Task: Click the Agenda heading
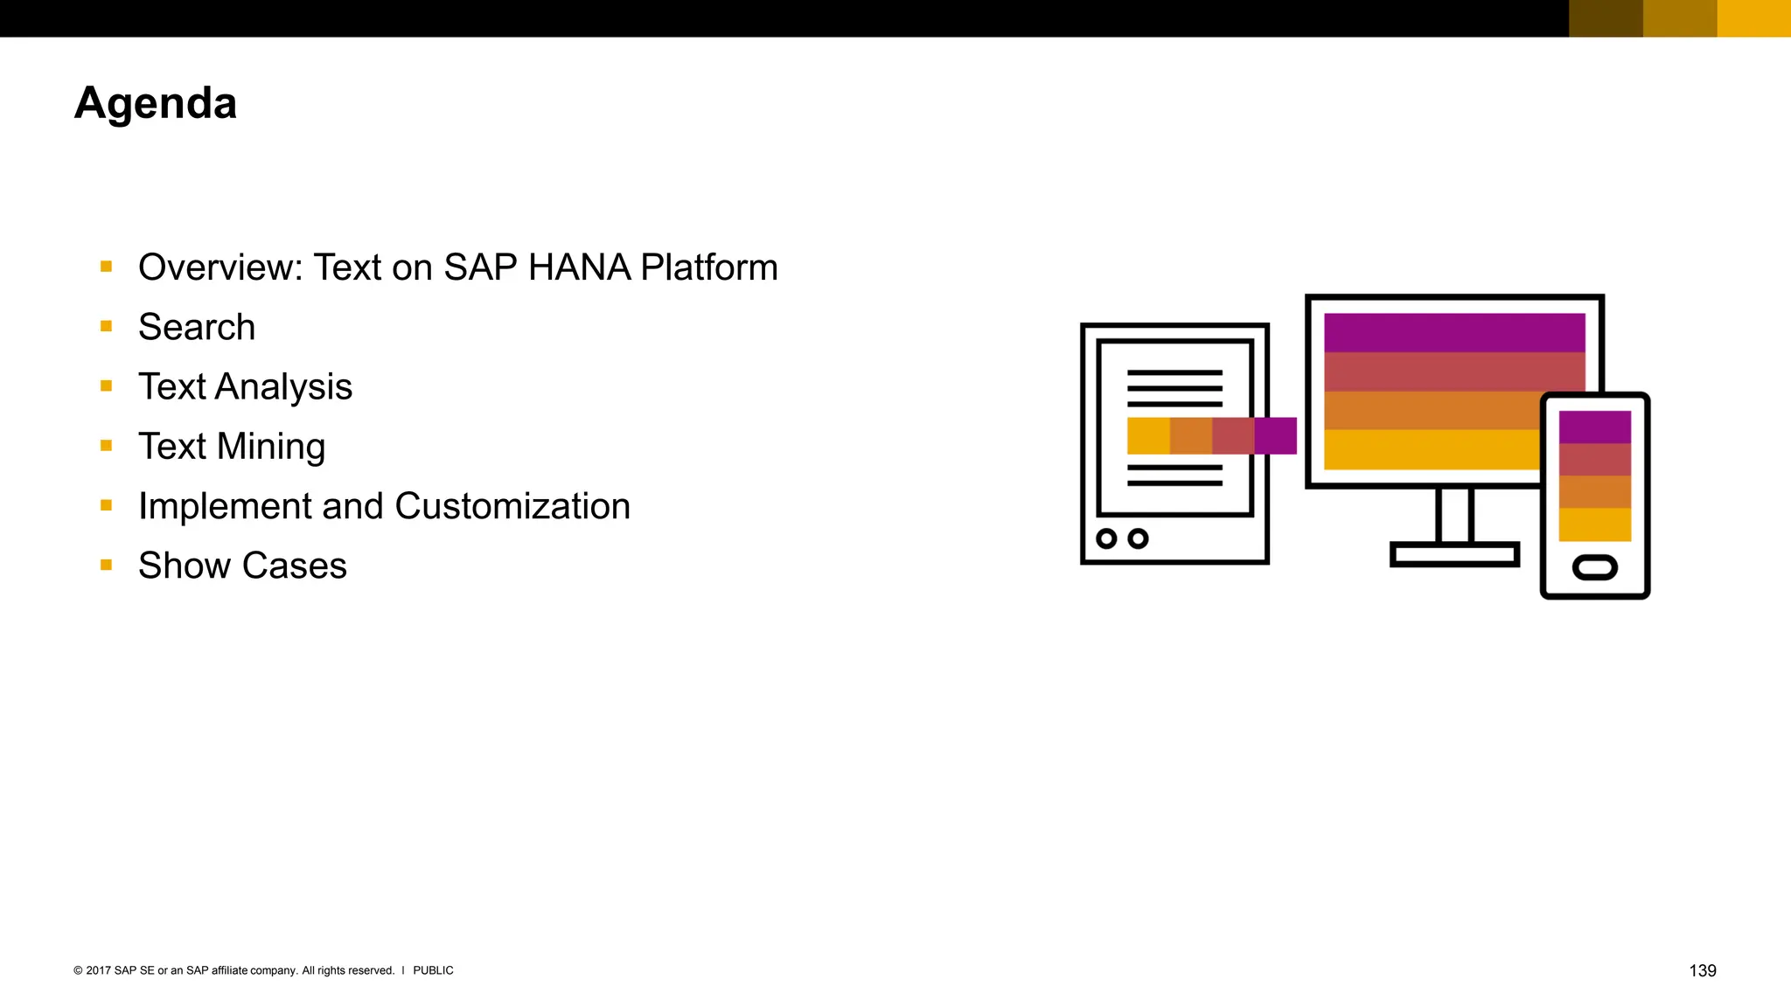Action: tap(156, 104)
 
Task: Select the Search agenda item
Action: tap(197, 327)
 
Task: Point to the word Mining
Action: tap(271, 447)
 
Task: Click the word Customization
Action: tap(512, 506)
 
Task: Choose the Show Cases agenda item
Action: tap(242, 566)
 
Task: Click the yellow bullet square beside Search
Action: tap(107, 327)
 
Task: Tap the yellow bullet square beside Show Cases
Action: tap(107, 566)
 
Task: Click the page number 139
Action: tap(1702, 970)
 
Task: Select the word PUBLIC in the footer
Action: tap(433, 970)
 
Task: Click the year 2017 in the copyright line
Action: tap(98, 970)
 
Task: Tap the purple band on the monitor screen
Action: tap(1453, 332)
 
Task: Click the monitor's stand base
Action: tap(1454, 554)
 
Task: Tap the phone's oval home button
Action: tap(1594, 567)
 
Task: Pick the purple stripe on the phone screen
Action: tap(1594, 427)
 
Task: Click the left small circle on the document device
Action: tap(1106, 538)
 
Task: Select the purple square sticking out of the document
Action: tap(1275, 435)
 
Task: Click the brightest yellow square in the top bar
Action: tap(1753, 18)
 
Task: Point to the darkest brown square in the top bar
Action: tap(1606, 18)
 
